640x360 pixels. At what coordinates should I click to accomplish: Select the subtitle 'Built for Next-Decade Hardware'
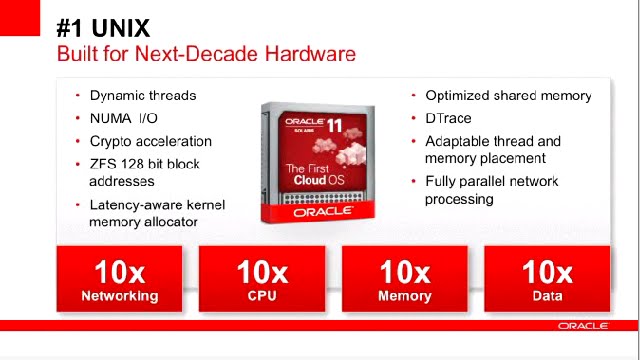pyautogui.click(x=206, y=53)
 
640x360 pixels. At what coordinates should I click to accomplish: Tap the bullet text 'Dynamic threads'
pyautogui.click(x=143, y=96)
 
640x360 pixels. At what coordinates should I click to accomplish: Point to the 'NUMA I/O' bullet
pyautogui.click(x=124, y=119)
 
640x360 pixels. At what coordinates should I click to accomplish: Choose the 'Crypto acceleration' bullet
pyautogui.click(x=151, y=142)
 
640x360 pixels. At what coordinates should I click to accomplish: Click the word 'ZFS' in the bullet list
pyautogui.click(x=102, y=164)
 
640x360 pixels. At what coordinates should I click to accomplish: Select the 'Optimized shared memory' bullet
pyautogui.click(x=508, y=96)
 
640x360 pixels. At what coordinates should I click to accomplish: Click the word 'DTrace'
pyautogui.click(x=448, y=119)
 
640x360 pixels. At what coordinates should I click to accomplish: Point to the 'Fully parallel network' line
pyautogui.click(x=491, y=182)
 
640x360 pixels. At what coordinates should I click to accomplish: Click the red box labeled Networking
pyautogui.click(x=120, y=280)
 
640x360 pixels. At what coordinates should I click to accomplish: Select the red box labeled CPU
pyautogui.click(x=262, y=280)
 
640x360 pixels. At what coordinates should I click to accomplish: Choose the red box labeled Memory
pyautogui.click(x=405, y=280)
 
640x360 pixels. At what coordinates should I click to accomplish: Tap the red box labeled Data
pyautogui.click(x=547, y=280)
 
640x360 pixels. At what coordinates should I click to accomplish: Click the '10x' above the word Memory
pyautogui.click(x=405, y=272)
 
